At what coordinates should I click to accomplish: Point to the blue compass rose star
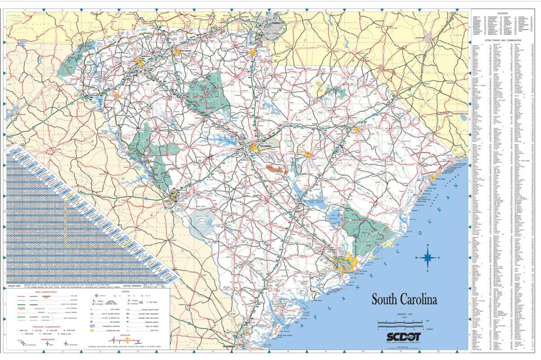[428, 258]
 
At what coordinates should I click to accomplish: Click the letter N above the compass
[428, 245]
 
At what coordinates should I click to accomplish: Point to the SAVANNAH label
[229, 346]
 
